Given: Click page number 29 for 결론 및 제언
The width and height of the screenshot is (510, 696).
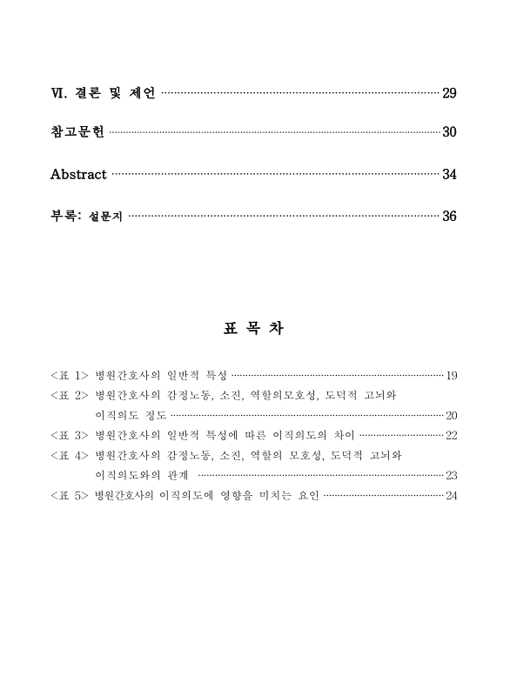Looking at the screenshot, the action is [450, 93].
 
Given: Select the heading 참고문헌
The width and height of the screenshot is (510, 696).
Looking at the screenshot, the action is [77, 132].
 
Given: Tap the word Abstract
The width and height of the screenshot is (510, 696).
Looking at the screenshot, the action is [78, 174].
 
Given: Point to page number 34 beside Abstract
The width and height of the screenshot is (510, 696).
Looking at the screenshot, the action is [450, 175].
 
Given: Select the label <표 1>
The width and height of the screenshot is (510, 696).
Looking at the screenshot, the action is [69, 376].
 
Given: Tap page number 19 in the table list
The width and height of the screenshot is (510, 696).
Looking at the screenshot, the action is [452, 377].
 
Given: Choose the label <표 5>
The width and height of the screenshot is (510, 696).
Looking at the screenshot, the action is [69, 496].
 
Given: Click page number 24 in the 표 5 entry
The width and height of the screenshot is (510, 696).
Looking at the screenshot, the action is [452, 496].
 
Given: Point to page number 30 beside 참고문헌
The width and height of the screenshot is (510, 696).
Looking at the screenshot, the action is [450, 133].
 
